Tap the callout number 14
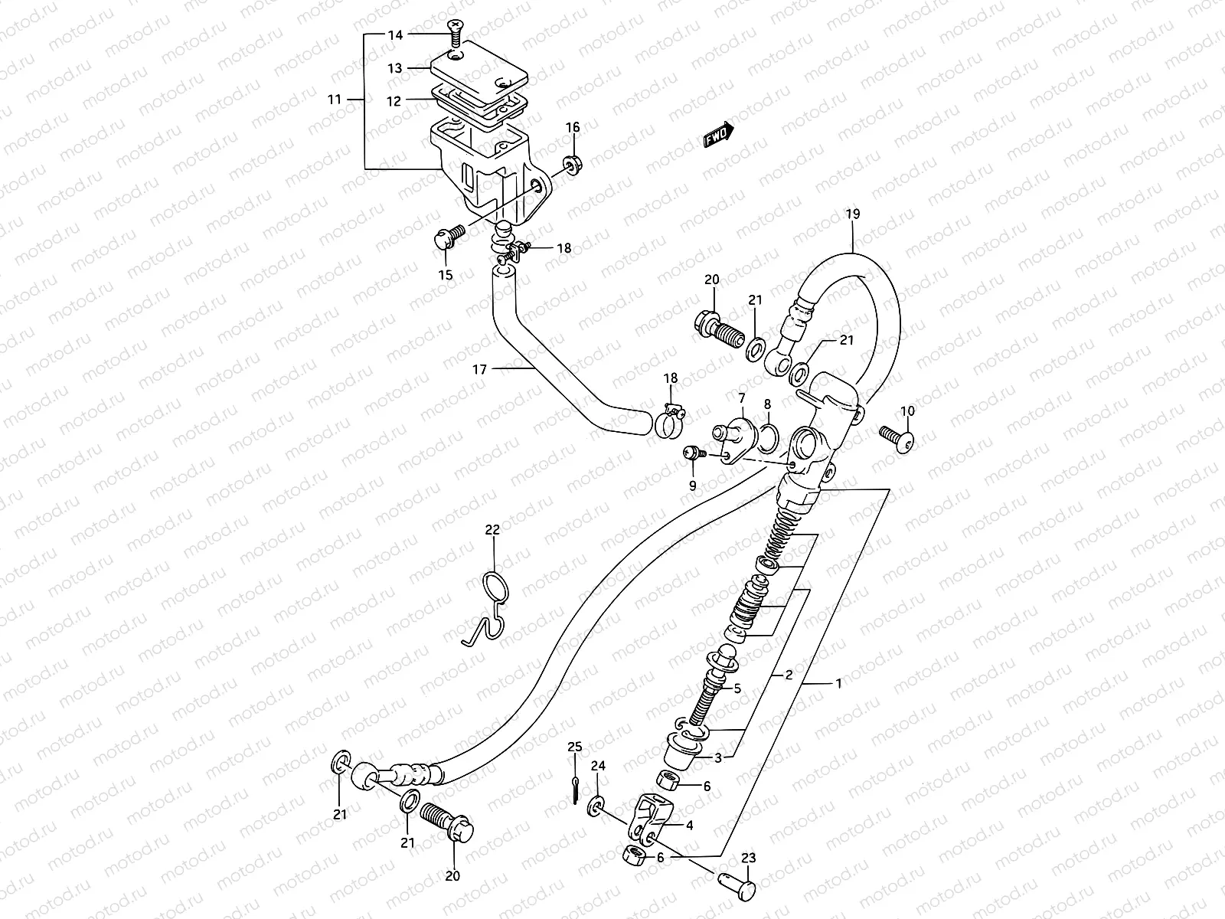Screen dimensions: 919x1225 tap(394, 35)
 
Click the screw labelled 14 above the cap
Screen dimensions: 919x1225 tap(455, 31)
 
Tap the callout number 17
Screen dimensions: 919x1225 tap(479, 370)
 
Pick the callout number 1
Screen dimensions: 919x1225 tap(838, 684)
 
